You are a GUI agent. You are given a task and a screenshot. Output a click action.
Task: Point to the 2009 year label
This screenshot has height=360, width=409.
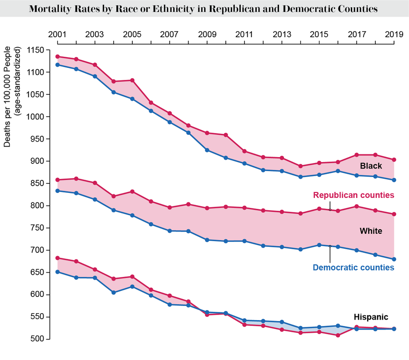[x=207, y=35]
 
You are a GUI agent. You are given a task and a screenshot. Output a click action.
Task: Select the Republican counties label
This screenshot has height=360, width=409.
[x=354, y=195]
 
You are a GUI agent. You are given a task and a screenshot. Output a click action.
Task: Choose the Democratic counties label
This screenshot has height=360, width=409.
[x=354, y=267]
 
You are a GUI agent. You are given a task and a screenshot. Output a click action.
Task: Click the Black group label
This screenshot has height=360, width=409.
[x=371, y=166]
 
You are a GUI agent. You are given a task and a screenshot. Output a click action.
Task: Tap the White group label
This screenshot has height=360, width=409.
[x=371, y=231]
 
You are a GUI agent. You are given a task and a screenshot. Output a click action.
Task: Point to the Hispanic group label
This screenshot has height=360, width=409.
[x=371, y=317]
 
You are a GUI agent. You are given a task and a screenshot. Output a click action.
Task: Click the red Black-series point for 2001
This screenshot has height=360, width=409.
[x=57, y=57]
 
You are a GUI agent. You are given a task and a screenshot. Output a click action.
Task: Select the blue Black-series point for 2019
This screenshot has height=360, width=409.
[x=394, y=180]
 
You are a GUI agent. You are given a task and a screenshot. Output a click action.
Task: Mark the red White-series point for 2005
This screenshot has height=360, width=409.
[x=132, y=192]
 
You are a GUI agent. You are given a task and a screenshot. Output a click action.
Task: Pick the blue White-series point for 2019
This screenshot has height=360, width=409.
[x=394, y=259]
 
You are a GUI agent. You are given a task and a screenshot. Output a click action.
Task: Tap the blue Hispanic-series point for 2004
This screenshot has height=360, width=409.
[x=114, y=293]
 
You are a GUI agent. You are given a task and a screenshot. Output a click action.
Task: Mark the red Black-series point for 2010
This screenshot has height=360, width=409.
[x=226, y=135]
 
